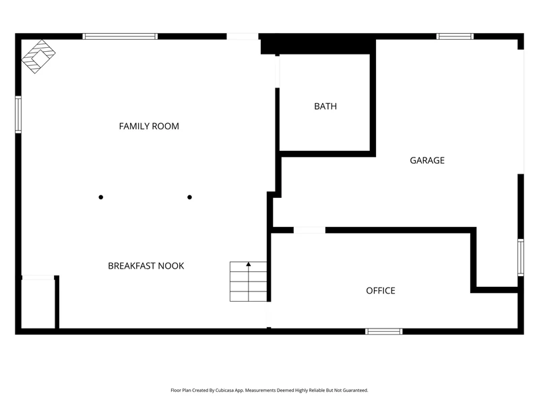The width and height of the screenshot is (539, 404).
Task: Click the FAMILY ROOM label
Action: pos(149,127)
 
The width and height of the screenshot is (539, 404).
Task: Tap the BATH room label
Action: pos(325,106)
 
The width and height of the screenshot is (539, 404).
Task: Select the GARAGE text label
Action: pos(427,160)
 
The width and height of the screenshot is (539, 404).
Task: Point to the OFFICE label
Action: pos(381,291)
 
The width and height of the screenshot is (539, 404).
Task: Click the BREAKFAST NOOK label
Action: pos(146,266)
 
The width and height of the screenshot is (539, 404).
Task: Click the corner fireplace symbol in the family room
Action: pos(38,57)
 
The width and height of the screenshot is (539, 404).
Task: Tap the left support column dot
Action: pos(100,197)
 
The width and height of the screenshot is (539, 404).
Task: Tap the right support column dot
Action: pos(189,197)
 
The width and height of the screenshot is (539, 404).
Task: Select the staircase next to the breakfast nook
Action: pos(248,281)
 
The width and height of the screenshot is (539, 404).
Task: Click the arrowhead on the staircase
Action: pos(249,264)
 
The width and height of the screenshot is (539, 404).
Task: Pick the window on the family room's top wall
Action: pos(120,36)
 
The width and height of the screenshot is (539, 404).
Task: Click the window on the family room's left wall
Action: pos(18,114)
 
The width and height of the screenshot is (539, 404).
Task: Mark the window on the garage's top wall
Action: pos(455,36)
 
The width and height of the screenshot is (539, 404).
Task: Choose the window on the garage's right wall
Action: pos(521,258)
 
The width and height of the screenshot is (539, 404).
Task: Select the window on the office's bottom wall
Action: pos(384,331)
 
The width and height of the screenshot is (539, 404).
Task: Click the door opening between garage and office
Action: pos(309,230)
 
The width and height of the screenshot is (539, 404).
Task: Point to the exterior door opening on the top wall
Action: pos(243,36)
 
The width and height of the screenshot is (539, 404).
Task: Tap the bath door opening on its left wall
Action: pos(277,71)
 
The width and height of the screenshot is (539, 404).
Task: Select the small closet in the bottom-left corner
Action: pos(38,302)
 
